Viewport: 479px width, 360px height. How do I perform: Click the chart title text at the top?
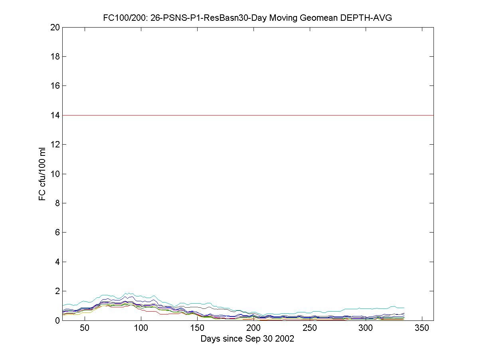247,18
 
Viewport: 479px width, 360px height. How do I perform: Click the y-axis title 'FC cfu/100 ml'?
42,174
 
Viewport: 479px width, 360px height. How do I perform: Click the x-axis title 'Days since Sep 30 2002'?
247,339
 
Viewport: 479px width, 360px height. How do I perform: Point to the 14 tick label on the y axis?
55,115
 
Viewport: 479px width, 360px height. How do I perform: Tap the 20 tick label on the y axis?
55,27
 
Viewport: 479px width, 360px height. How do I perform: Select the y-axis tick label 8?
57,203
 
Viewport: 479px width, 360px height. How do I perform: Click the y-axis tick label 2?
57,291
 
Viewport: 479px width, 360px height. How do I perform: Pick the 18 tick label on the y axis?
55,56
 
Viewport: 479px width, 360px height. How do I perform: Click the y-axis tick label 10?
55,174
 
